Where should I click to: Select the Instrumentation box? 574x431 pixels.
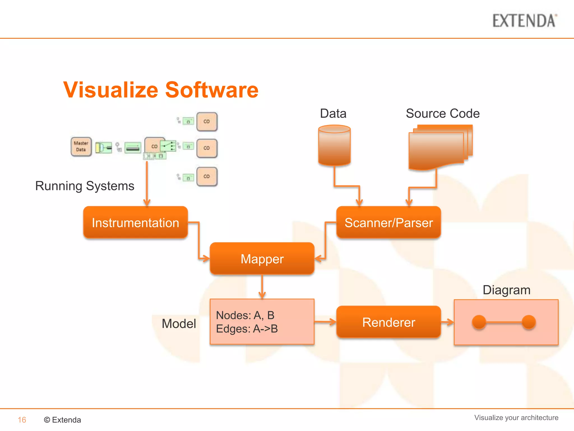(x=135, y=223)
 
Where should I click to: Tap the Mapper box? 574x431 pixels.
(x=262, y=258)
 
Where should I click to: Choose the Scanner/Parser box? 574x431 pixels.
(x=388, y=223)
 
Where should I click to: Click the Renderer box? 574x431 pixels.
(x=388, y=322)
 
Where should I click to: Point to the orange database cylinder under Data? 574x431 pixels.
(x=334, y=145)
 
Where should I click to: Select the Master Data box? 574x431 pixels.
(x=81, y=146)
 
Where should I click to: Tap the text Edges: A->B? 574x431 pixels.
(x=247, y=329)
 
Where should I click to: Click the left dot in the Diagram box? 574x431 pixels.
(x=479, y=322)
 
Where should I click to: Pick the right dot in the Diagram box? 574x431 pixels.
(x=529, y=322)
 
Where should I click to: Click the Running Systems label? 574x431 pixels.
(x=85, y=186)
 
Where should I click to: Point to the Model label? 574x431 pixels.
(x=179, y=324)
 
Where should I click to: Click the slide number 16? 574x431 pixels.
(x=22, y=420)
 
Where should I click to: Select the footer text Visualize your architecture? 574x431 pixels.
(x=516, y=418)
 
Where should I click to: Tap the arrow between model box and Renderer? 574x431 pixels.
(x=325, y=322)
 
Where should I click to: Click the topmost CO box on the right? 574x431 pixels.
(x=207, y=121)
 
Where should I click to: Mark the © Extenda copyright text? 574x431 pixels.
(x=63, y=420)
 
